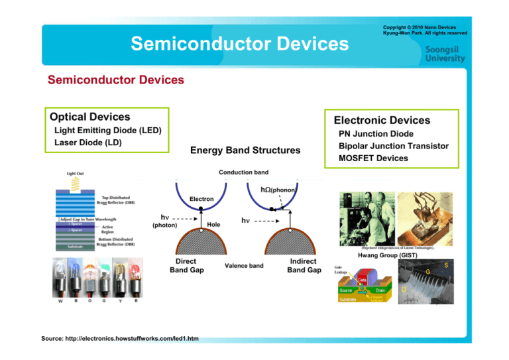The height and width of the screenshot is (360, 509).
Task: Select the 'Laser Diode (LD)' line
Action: tap(86, 143)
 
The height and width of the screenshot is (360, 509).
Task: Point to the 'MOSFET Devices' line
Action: tap(373, 158)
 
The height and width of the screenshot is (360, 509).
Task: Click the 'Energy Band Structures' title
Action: tap(245, 151)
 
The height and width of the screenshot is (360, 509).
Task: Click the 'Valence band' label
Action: tap(245, 266)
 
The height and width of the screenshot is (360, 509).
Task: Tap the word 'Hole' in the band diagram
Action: tap(213, 225)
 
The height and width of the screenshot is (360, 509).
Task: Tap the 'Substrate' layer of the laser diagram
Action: tap(66, 247)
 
